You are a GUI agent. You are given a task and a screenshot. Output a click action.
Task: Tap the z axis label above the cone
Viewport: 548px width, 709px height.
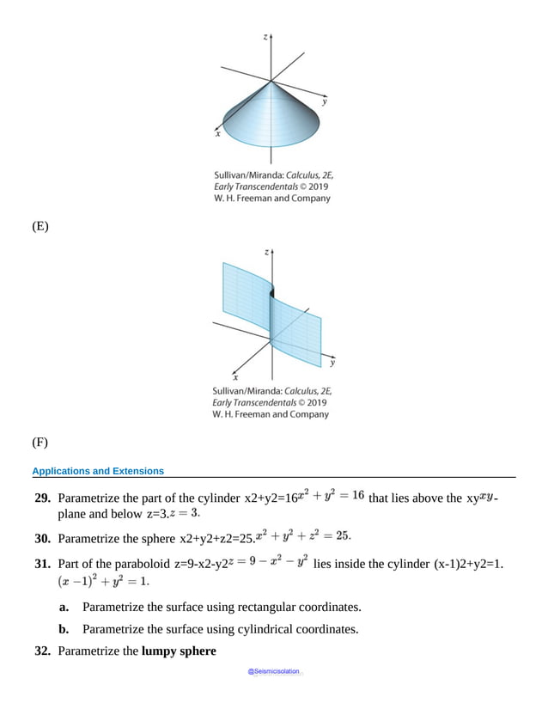(266, 37)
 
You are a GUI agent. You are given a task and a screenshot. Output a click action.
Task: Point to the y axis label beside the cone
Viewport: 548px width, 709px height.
(324, 101)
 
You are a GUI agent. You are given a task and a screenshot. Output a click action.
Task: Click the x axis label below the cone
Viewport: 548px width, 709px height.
(217, 134)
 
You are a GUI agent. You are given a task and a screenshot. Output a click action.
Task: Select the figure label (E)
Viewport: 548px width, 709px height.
(40, 227)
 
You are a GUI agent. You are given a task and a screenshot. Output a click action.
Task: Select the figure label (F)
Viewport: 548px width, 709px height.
(40, 443)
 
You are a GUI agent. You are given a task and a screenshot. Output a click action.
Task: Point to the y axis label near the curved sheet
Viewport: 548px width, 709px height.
(332, 363)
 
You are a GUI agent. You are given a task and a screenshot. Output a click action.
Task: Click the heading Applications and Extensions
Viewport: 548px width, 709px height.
(98, 471)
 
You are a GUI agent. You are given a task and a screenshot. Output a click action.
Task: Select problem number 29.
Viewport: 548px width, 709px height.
(42, 498)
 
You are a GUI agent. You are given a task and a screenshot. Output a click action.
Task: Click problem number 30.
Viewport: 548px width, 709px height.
(42, 538)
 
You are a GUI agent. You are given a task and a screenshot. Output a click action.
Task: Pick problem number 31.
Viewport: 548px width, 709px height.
(42, 563)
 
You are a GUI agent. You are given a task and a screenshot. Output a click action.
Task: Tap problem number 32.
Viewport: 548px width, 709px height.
(42, 651)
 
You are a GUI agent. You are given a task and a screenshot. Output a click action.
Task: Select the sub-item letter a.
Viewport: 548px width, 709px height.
(64, 607)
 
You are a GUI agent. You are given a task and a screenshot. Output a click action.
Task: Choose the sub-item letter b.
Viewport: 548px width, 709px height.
(64, 628)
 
